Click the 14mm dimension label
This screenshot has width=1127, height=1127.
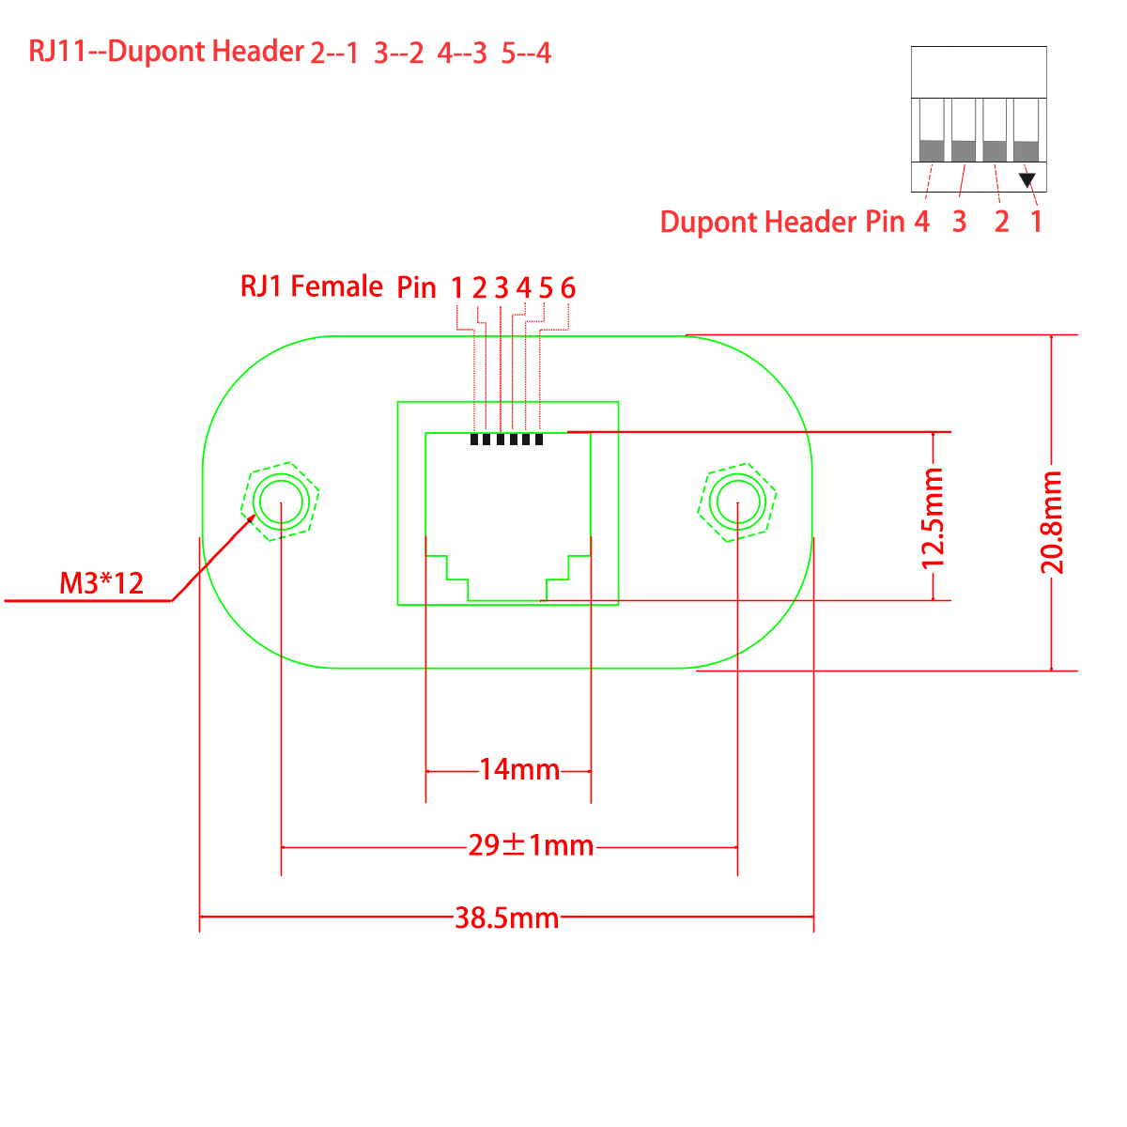click(519, 770)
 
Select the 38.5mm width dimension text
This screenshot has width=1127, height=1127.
click(506, 918)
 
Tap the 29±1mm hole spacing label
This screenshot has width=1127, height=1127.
click(531, 846)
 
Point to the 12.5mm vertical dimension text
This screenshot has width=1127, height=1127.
click(933, 518)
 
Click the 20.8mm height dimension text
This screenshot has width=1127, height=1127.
click(1051, 523)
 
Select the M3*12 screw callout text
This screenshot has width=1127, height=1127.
click(101, 583)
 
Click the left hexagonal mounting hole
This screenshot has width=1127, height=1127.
click(281, 502)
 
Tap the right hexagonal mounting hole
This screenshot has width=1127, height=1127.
click(737, 502)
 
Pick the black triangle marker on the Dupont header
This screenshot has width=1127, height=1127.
click(1027, 178)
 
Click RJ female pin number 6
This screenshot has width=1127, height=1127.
click(567, 288)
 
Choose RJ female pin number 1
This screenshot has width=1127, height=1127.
click(456, 288)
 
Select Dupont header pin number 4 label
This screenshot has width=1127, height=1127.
click(921, 222)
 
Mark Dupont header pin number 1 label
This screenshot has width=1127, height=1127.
click(1036, 222)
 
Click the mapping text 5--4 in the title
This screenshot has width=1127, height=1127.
click(526, 53)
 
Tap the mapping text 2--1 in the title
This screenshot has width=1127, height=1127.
click(334, 53)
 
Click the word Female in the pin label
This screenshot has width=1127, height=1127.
click(336, 286)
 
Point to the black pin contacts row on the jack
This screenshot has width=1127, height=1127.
click(506, 439)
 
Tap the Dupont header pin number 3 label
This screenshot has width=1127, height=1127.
click(959, 222)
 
